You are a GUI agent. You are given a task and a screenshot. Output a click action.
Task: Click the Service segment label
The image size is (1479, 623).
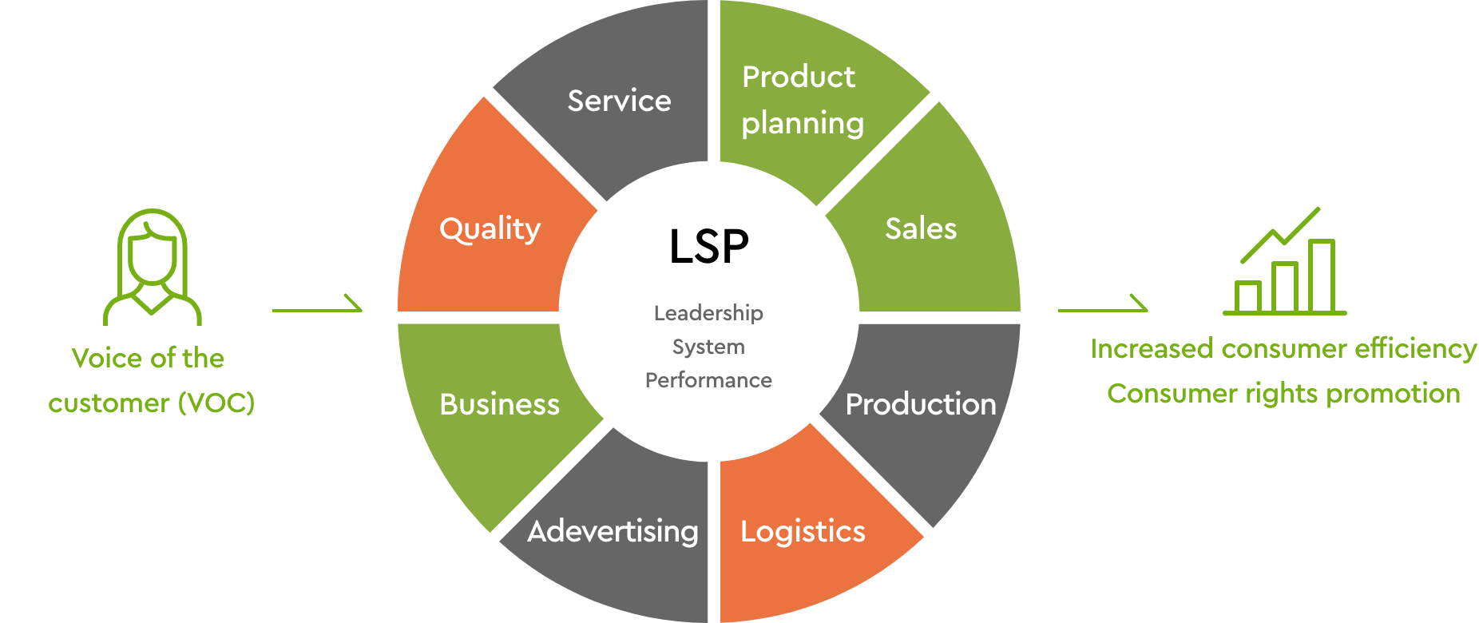pos(619,101)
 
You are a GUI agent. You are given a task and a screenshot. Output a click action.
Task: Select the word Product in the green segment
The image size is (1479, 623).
pos(798,77)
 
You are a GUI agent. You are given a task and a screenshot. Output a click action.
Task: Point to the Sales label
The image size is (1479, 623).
pos(920,229)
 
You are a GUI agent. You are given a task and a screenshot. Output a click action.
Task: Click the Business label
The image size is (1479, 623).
pos(499,405)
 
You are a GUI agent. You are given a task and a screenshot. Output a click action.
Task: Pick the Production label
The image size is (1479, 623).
pos(920,405)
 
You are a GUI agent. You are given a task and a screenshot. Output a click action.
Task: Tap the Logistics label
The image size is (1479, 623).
pos(803,532)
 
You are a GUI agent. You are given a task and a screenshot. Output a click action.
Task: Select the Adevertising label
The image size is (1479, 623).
pos(613,532)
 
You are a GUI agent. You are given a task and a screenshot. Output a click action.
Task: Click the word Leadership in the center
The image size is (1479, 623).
pos(708,313)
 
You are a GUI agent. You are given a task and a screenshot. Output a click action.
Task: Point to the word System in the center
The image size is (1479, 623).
pos(708,347)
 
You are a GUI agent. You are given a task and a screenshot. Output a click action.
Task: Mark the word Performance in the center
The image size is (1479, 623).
pos(708,380)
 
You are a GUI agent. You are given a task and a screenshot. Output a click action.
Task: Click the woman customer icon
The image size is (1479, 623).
pos(153,268)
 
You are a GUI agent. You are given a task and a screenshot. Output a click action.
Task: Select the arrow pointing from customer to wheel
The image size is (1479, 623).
pos(317,306)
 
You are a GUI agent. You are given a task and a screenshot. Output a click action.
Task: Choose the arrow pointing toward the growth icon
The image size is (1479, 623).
pos(1103,306)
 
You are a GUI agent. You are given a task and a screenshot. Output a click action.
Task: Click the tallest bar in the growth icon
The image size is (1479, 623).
pos(1322,276)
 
